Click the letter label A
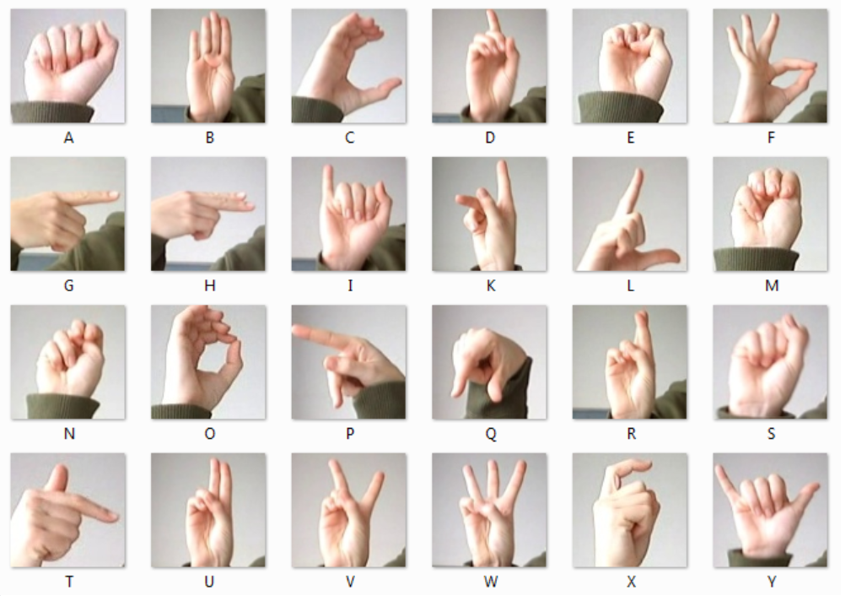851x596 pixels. [x=68, y=138]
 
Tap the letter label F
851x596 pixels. [x=771, y=138]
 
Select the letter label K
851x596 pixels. [x=490, y=286]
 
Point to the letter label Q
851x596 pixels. [x=490, y=434]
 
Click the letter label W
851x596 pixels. [x=490, y=582]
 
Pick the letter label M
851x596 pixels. [x=771, y=286]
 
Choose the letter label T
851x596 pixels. [x=69, y=582]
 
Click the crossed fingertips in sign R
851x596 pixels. [x=643, y=317]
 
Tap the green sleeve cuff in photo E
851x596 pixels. [x=620, y=107]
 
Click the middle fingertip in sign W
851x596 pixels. [x=493, y=466]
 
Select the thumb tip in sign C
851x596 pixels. [x=395, y=83]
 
